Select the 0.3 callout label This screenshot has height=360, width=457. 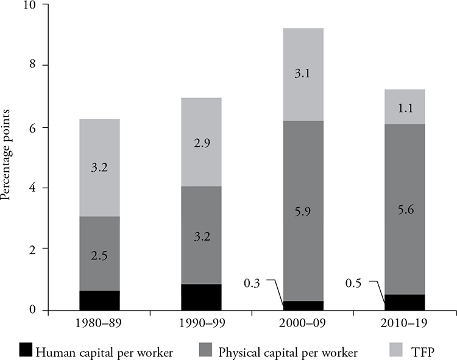coord(253,282)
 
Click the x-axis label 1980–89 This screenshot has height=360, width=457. coord(99,323)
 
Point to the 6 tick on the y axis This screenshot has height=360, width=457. coord(32,128)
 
